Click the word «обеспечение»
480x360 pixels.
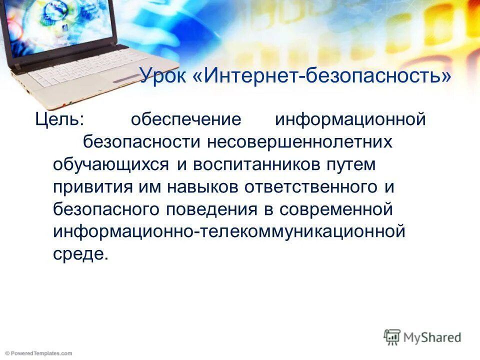pos(186,120)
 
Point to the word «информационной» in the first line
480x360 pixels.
pos(350,120)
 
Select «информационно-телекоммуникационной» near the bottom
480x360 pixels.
pos(228,231)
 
